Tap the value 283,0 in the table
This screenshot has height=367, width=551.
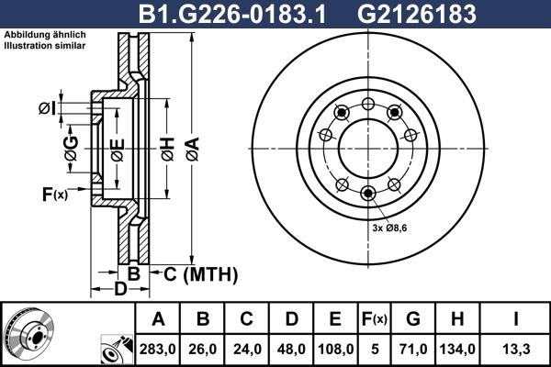tap(157, 348)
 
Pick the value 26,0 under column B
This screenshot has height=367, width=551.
tap(203, 348)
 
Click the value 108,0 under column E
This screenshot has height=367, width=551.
tap(335, 348)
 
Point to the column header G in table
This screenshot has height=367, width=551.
tap(412, 318)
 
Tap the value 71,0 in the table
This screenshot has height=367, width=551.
tap(412, 348)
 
